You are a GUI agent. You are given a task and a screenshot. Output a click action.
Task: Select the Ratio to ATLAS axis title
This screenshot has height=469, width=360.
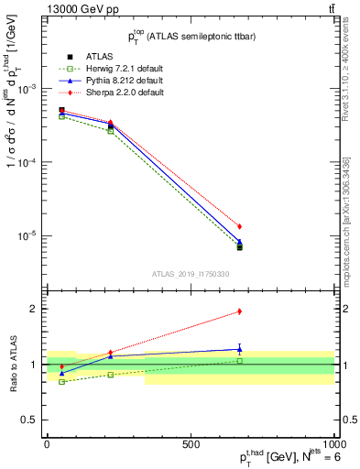point(13,363)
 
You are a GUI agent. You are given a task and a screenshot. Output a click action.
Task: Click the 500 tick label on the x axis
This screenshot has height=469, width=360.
point(191,443)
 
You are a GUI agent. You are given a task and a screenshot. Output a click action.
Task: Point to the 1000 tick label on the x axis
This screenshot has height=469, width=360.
point(332,443)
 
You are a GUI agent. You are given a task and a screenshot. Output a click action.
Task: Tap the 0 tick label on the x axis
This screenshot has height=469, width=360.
point(47,443)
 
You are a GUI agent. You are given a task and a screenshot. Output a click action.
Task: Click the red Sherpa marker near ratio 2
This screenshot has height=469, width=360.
point(239,311)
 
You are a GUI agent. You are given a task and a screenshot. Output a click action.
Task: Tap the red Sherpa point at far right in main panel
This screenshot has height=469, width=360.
point(239,226)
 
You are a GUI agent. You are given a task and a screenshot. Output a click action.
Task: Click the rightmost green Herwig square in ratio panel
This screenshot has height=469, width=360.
point(239,361)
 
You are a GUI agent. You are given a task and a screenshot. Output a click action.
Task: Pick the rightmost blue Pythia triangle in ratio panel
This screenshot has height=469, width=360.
point(239,348)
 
